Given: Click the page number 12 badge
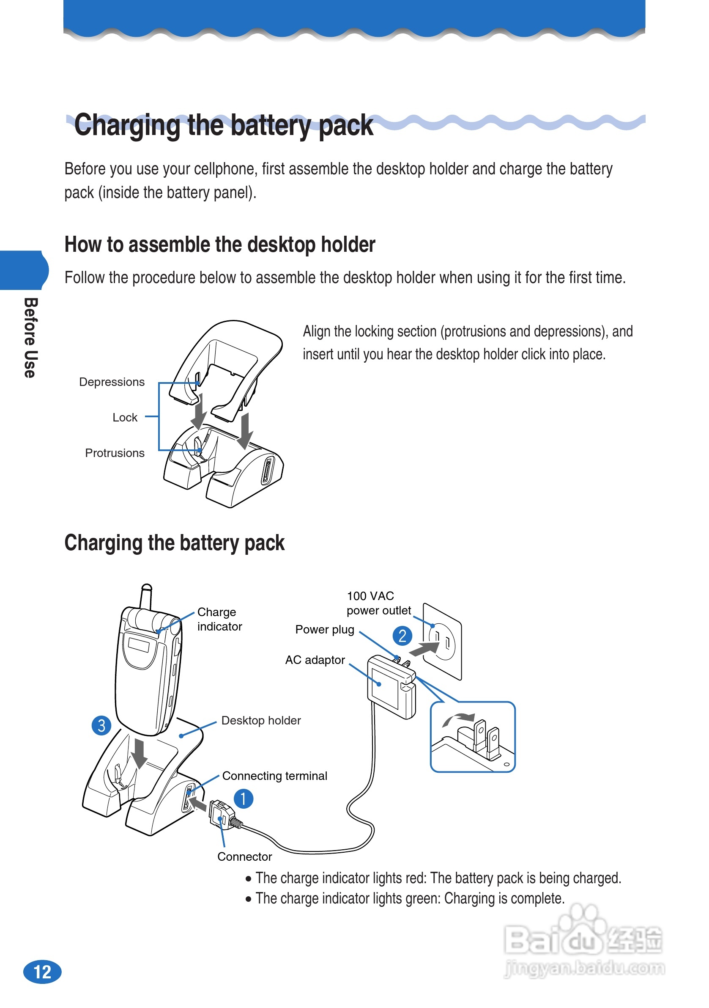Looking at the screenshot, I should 42,972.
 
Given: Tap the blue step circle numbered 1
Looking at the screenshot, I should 244,799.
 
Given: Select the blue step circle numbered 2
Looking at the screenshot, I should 402,636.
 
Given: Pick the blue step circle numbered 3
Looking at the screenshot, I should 101,725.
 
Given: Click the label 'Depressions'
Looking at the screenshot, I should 112,382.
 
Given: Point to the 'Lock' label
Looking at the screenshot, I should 125,418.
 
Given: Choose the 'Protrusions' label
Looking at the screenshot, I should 115,453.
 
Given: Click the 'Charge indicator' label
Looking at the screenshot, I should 219,619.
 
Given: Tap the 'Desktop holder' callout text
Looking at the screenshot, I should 261,720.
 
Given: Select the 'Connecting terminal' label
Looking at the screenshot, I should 275,776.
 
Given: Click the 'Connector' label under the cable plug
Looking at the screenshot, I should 244,857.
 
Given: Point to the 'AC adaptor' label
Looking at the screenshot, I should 315,660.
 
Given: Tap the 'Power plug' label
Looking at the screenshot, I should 325,630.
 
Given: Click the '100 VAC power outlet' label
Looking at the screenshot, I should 378,603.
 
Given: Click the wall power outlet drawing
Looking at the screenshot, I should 442,642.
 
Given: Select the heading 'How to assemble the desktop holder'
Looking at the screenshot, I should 220,245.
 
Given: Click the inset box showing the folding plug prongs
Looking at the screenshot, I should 473,737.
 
